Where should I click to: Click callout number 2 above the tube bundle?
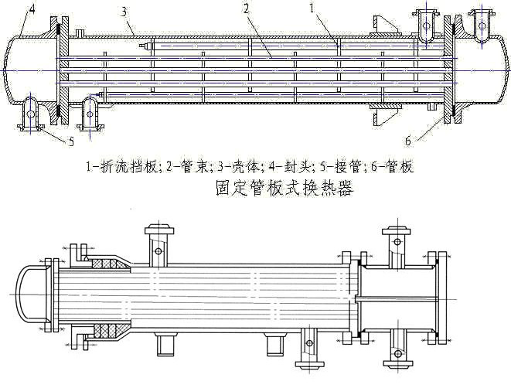click(x=245, y=9)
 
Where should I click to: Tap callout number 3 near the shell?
click(x=124, y=11)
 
